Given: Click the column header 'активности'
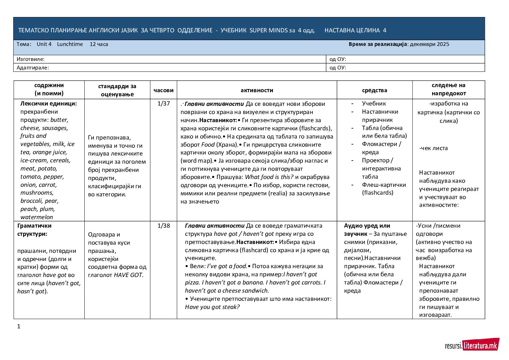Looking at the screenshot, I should tap(257, 91).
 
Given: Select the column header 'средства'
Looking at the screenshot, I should tap(374, 91).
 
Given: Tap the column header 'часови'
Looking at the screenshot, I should tap(163, 91).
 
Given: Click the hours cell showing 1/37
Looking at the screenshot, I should tap(164, 103).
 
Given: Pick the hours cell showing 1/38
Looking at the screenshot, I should tap(164, 226).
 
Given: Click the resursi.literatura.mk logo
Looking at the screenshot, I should tap(472, 345).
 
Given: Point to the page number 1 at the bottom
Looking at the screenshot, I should tap(19, 327).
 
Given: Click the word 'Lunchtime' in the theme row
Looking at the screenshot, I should tap(70, 44).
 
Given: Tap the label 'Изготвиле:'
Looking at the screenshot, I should tap(31, 59).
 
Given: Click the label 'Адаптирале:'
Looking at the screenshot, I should tap(33, 68).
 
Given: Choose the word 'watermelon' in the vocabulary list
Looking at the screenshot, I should tap(37, 217).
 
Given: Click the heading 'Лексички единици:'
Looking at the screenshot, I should tap(49, 103).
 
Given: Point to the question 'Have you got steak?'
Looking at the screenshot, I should tap(212, 307).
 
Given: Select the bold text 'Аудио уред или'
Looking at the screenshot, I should tap(367, 226).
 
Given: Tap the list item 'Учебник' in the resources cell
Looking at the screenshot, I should tap(374, 103).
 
